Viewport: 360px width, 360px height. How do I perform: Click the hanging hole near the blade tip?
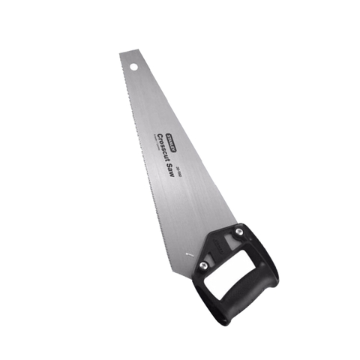pyautogui.click(x=134, y=66)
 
